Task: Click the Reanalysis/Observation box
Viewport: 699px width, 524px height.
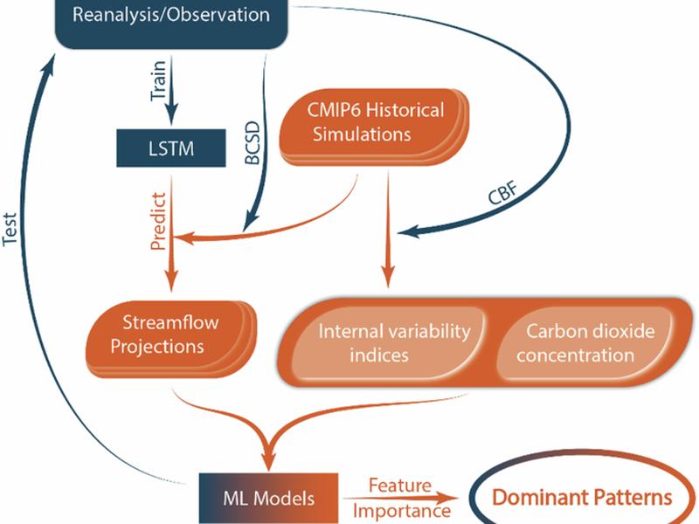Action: (171, 23)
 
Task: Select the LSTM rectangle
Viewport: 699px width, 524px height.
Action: (171, 148)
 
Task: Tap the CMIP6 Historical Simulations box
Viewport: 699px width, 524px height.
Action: (375, 127)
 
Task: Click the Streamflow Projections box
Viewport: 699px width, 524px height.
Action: (171, 339)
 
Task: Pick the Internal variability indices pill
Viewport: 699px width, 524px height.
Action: (388, 343)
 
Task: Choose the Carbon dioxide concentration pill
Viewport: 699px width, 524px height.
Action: (584, 343)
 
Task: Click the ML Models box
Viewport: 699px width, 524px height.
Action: (268, 498)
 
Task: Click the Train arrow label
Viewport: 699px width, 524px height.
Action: (159, 80)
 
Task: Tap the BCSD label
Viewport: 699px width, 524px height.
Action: (253, 142)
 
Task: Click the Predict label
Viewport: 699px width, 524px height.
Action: (159, 222)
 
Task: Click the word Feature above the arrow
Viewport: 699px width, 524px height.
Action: (400, 486)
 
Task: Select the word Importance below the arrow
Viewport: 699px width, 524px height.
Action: (402, 511)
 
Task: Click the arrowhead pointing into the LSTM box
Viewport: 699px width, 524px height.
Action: (171, 113)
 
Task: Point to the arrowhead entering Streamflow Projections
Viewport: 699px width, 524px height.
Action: (171, 279)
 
